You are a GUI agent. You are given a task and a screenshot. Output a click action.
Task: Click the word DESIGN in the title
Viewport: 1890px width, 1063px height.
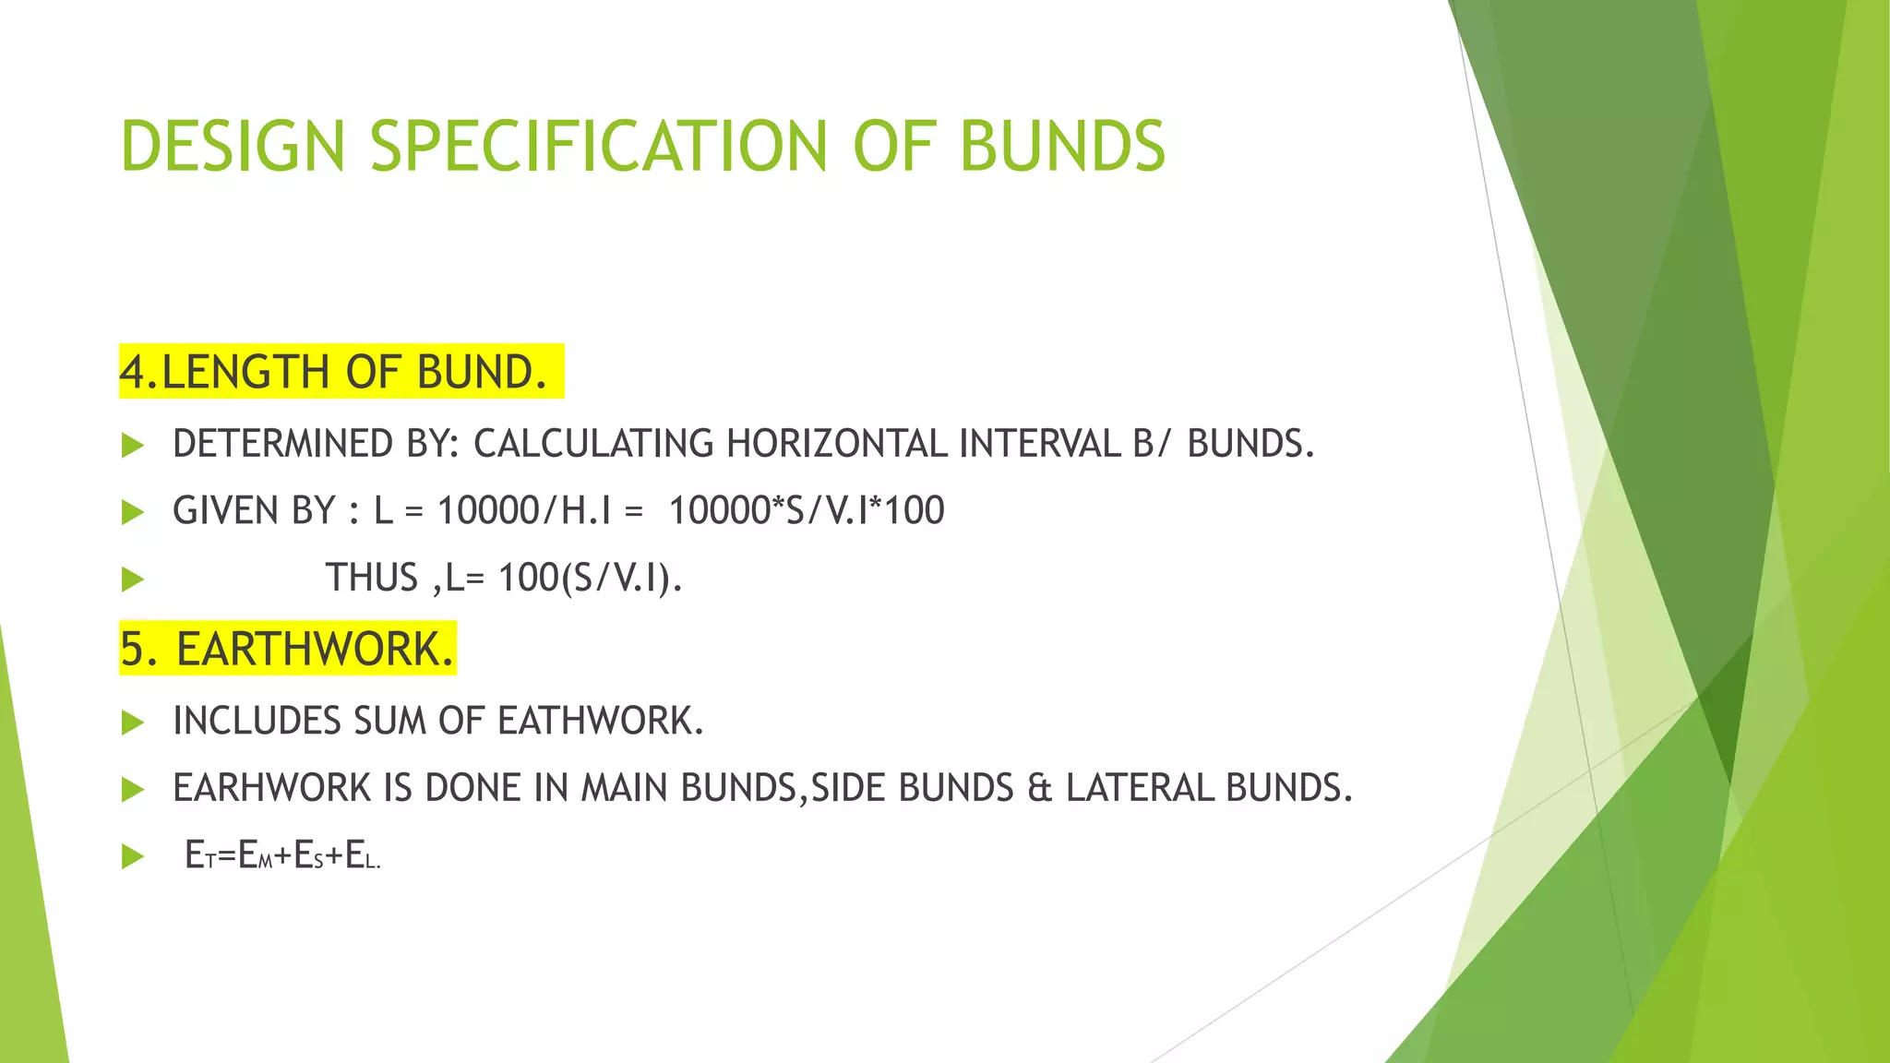(x=233, y=147)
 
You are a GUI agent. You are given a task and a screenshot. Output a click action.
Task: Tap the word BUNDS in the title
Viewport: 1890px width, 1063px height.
(x=1062, y=147)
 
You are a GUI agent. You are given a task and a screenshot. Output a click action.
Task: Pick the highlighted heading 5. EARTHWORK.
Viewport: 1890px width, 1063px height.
(x=287, y=649)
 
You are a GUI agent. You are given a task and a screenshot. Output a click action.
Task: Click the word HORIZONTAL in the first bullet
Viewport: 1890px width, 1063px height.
(x=836, y=444)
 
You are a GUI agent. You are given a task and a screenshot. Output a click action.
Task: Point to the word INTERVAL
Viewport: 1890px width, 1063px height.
(x=1039, y=444)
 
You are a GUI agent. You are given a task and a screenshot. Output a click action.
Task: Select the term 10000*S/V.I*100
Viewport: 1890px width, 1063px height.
(x=806, y=511)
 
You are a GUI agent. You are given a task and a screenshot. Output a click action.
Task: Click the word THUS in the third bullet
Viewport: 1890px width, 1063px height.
(x=372, y=579)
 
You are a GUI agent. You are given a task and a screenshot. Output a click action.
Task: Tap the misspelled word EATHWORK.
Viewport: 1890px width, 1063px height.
(x=600, y=721)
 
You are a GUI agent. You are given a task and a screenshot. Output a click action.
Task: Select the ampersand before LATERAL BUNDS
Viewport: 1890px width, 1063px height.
(x=1039, y=788)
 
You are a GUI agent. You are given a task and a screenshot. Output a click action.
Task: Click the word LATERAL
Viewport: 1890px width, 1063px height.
(x=1139, y=788)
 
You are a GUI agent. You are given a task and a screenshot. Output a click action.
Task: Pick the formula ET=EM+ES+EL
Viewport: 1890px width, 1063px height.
(x=282, y=856)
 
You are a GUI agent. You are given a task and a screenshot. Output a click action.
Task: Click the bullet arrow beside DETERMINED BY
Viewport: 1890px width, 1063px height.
(x=133, y=446)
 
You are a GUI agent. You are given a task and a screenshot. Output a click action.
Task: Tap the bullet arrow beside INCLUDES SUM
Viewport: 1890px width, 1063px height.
(x=133, y=723)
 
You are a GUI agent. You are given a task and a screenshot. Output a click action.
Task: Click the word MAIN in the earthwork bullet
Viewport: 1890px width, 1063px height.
(x=625, y=788)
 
